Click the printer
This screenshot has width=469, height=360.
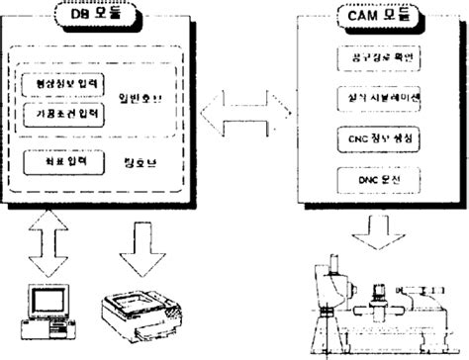tap(139, 314)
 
